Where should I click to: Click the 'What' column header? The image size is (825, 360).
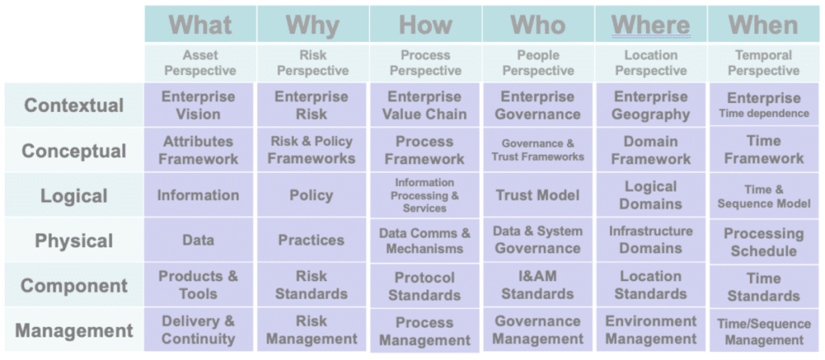[x=201, y=24]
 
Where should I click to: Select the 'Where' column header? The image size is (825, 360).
[x=651, y=24]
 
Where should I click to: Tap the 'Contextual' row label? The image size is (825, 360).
[x=74, y=106]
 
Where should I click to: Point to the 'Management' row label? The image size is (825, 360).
[x=74, y=330]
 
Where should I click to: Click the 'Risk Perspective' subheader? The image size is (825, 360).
[x=313, y=63]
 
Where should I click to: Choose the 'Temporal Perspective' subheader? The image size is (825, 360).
[x=764, y=63]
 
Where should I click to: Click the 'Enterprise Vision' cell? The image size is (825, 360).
[x=199, y=106]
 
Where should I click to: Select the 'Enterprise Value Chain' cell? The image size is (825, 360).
[x=425, y=106]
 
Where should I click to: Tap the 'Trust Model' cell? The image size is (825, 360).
[x=537, y=195]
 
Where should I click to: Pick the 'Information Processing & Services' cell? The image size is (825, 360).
[x=425, y=195]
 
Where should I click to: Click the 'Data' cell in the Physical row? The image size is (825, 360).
[x=199, y=240]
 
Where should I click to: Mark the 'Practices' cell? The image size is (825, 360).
[x=312, y=240]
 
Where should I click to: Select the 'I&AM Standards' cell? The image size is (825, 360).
[x=537, y=285]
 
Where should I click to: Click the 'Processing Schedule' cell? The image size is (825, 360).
[x=764, y=242]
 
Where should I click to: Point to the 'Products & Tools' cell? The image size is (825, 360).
[x=199, y=285]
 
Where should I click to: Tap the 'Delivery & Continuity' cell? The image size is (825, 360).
[x=199, y=329]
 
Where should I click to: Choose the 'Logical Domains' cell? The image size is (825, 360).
[x=650, y=195]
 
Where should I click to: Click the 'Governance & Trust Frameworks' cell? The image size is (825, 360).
[x=537, y=150]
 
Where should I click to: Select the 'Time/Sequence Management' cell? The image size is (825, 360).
[x=764, y=332]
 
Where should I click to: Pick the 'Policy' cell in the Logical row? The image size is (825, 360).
[x=312, y=195]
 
